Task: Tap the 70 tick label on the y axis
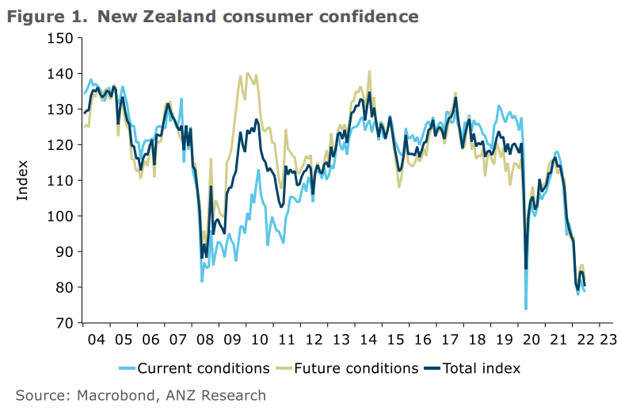pos(64,323)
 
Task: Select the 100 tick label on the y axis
pos(60,216)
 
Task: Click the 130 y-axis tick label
pos(60,109)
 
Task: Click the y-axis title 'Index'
pos(22,181)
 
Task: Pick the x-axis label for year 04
pos(96,339)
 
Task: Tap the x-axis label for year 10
pos(259,339)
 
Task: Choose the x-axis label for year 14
pos(368,339)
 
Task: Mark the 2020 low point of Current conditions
pos(526,309)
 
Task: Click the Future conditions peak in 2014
pos(369,71)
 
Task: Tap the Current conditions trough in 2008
pos(202,281)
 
